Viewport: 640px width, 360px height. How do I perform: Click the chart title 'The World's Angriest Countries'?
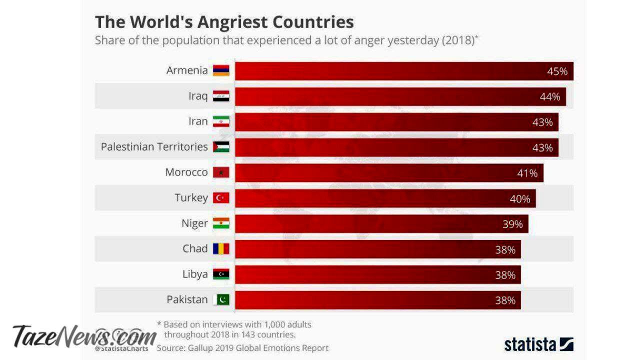(224, 22)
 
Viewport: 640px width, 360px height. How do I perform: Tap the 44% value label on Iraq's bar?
(549, 97)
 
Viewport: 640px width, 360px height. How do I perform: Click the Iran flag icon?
(221, 121)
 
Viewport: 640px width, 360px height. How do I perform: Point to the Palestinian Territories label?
(154, 147)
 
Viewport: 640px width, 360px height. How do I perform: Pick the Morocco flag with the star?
(221, 172)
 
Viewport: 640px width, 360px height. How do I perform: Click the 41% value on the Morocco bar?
(527, 173)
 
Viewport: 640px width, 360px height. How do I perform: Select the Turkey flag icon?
(221, 198)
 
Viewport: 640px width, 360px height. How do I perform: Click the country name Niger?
(194, 223)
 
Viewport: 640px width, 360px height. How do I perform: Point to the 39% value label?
(512, 224)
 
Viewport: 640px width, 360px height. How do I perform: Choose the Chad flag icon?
(221, 249)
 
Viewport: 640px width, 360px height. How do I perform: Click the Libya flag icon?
(221, 274)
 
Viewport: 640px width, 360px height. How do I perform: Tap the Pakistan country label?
(187, 300)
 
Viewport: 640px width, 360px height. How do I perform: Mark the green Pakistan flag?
(221, 299)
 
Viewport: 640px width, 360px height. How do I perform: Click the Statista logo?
(538, 344)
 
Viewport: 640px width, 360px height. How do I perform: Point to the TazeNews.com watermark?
(84, 336)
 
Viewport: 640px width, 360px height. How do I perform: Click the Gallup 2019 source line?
(242, 348)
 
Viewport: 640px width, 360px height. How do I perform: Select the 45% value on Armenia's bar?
(557, 71)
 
